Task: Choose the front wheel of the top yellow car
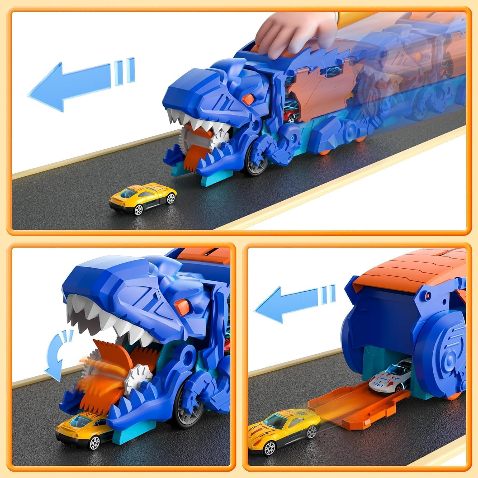pos(138,210)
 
